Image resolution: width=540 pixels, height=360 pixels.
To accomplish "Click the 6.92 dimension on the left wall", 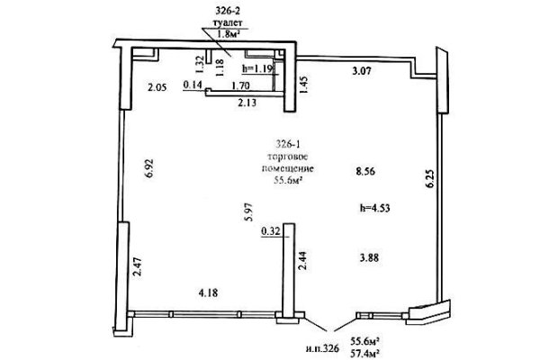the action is coord(150,168).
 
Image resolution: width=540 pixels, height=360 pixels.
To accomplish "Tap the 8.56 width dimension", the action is coord(365,171).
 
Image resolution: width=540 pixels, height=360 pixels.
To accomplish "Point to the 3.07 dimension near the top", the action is coord(362,71).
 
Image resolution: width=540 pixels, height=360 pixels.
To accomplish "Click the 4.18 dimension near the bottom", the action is coord(209,293).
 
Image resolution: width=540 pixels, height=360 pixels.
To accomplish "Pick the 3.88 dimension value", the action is coord(370,257).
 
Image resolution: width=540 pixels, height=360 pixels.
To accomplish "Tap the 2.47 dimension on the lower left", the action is coord(138,267).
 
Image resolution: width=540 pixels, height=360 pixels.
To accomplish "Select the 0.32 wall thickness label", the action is coord(272,231).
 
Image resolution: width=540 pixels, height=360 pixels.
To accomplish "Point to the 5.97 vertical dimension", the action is coord(249,211).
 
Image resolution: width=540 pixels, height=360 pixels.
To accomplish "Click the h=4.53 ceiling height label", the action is coord(375,208).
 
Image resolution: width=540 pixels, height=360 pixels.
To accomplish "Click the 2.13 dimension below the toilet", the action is coord(247,103).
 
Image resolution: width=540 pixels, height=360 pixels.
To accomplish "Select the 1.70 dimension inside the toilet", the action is coord(240,85).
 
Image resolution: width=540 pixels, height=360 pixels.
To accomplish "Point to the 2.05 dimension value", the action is coord(157,87).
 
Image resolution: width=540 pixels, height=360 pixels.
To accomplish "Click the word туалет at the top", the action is coord(228,22).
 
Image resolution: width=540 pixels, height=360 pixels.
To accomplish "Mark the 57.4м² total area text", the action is coord(365,353).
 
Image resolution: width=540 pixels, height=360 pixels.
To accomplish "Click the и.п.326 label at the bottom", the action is coord(322,348).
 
